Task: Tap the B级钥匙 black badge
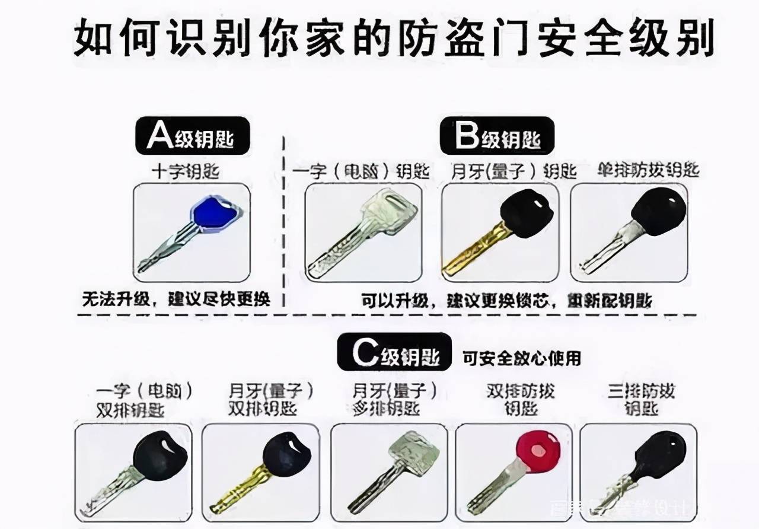pos(497,136)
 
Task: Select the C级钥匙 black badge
pos(394,354)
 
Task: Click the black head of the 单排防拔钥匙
pos(658,211)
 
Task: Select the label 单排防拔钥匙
pos(648,171)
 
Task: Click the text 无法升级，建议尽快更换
pos(176,299)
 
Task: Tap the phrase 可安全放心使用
pos(522,358)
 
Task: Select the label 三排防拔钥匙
pos(642,400)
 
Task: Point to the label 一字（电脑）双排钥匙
pos(146,400)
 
